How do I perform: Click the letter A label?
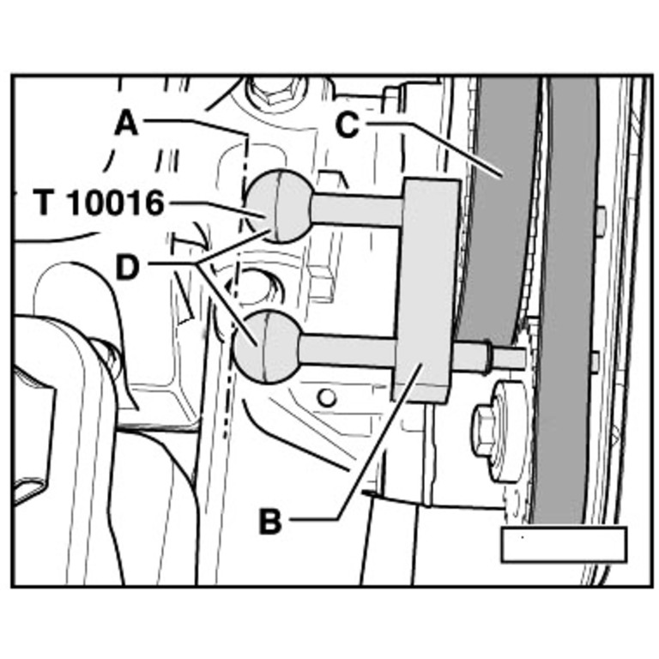tap(126, 124)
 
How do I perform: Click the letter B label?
tap(270, 521)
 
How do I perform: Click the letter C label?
tap(346, 125)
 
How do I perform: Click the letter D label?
tap(126, 268)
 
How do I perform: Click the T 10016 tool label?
tap(99, 203)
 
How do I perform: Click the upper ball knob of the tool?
tap(281, 206)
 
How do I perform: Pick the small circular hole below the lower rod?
tap(325, 397)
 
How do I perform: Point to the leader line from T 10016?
tap(215, 206)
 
